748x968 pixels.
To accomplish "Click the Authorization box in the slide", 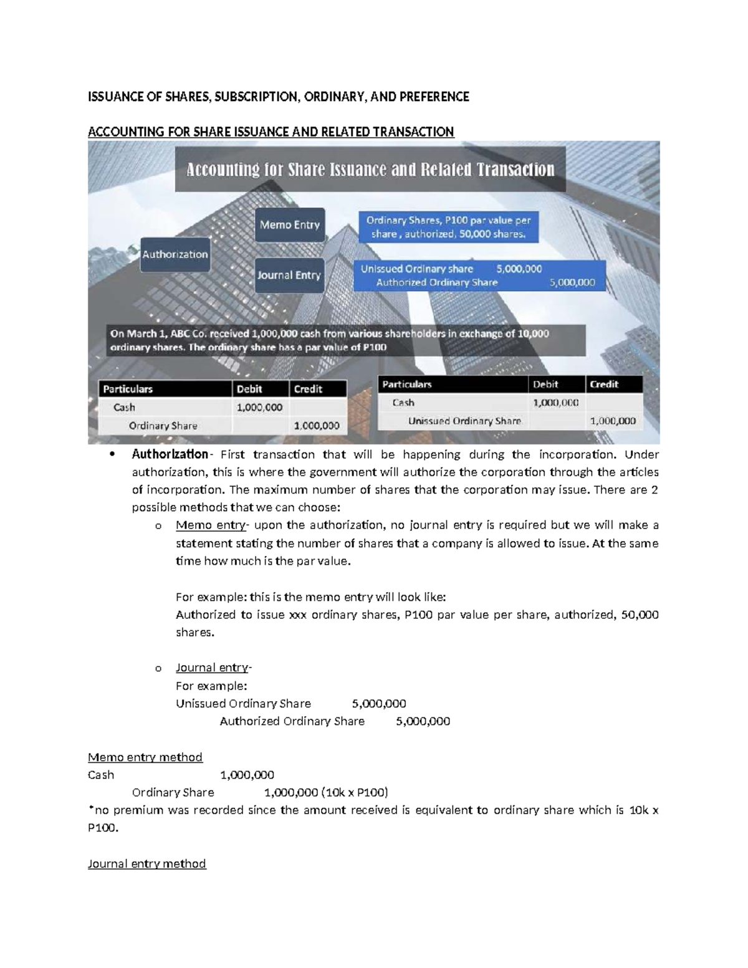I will pos(175,254).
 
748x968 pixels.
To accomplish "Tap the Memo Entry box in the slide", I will pos(289,224).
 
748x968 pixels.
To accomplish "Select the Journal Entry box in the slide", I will pos(289,275).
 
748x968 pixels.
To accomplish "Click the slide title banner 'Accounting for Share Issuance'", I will pos(370,170).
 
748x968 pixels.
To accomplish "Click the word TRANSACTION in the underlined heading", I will pos(410,132).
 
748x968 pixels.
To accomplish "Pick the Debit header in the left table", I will pos(249,389).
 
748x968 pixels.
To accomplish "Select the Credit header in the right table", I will pos(604,385).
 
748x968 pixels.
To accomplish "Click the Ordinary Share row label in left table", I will pos(163,426).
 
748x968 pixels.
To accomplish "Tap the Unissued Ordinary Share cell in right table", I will pos(464,421).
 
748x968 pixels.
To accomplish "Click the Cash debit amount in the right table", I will pos(555,403).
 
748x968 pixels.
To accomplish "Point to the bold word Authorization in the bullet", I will pos(169,454).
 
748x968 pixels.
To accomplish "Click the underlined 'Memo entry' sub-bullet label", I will pos(210,525).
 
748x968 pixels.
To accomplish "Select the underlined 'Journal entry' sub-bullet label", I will pos(213,668).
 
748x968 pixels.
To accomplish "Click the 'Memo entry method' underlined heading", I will pos(145,757).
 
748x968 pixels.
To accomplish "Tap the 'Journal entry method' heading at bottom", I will pos(147,863).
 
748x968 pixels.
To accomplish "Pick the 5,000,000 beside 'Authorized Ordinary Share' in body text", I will pos(423,721).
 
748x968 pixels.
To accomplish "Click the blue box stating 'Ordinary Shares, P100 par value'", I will pos(448,227).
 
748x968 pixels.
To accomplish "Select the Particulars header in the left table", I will pos(128,389).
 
